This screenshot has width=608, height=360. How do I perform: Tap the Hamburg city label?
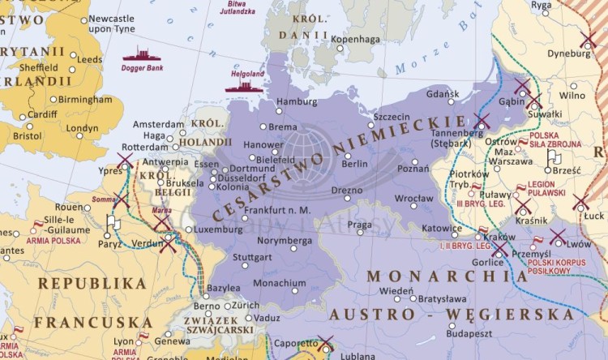(x=297, y=101)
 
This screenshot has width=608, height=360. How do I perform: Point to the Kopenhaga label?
(x=357, y=38)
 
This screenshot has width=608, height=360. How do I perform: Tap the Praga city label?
(x=359, y=225)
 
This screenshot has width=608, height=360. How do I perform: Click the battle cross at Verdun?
(x=167, y=243)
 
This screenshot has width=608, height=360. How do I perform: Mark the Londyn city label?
(x=82, y=128)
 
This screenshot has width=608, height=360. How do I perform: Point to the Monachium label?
(x=280, y=283)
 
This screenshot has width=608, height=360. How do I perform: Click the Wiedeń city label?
(x=396, y=290)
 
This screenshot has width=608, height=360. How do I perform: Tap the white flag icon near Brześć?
(x=553, y=156)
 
